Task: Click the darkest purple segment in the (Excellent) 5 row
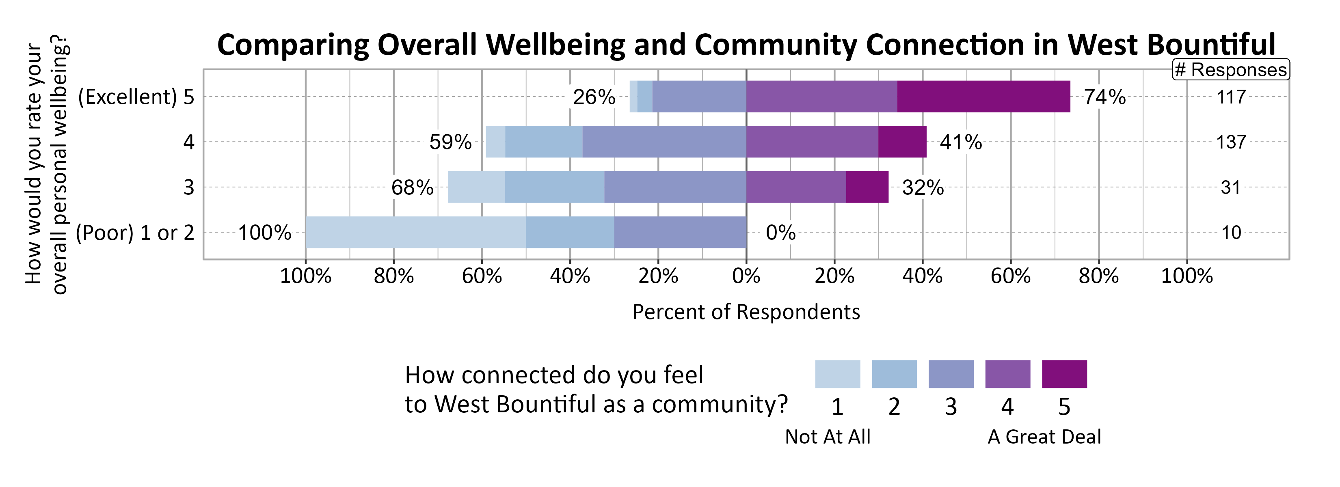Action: (x=983, y=97)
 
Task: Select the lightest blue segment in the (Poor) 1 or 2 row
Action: (x=415, y=232)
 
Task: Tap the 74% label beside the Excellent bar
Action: (x=1104, y=97)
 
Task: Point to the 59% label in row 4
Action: (x=450, y=142)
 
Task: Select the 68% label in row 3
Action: (x=412, y=187)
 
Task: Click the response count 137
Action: (x=1231, y=142)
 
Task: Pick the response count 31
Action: (x=1231, y=187)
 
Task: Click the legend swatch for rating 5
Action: (x=1064, y=374)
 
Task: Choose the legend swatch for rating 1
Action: (x=837, y=374)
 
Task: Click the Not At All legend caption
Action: (x=827, y=437)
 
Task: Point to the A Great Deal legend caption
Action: (x=1044, y=437)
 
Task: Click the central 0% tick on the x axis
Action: (x=746, y=276)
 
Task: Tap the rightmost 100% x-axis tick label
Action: (x=1187, y=276)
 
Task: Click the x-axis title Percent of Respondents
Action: (x=746, y=312)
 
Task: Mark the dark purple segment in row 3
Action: (x=867, y=187)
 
